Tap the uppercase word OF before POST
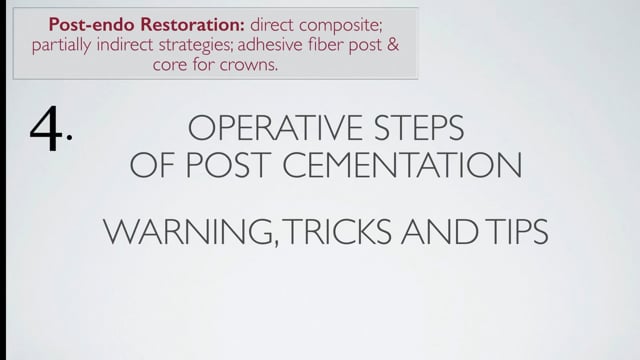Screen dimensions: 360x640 (153, 166)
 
